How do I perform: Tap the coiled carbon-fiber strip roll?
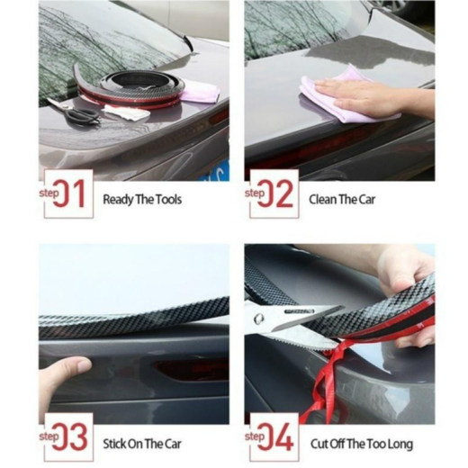pos(132,90)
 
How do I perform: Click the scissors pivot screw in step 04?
pos(258,319)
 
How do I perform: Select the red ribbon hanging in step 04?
pos(322,384)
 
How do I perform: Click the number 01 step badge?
pos(68,193)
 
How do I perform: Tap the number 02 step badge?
pos(274,193)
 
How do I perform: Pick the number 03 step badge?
pos(68,437)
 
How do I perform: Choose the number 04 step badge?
pos(274,437)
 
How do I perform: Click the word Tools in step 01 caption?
pos(168,200)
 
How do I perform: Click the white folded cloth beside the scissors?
pos(126,112)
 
